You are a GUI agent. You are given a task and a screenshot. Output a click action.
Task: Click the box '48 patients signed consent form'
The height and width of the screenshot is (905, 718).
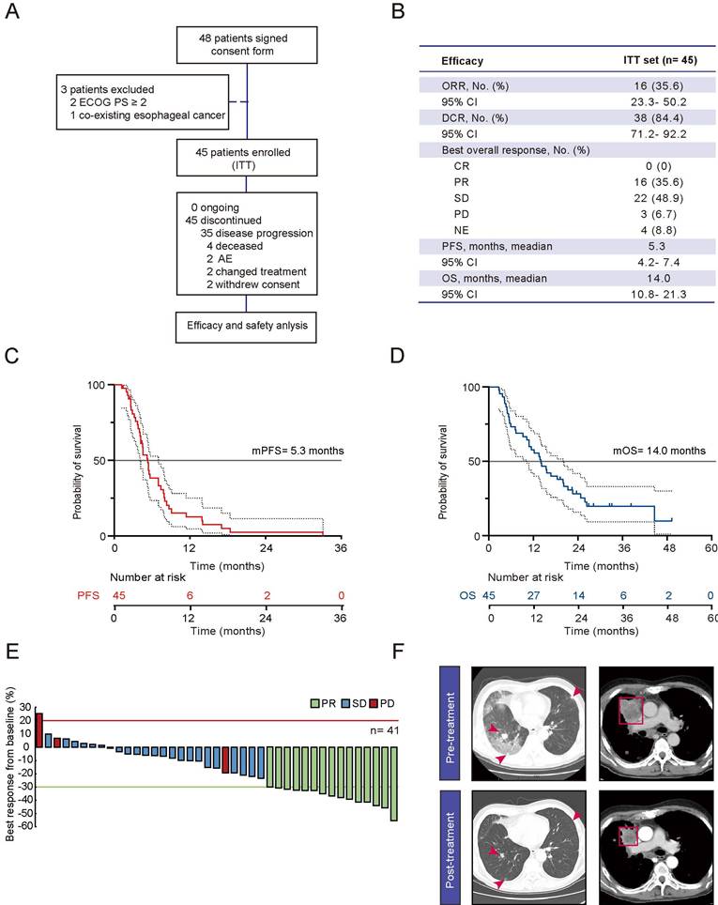pos(247,44)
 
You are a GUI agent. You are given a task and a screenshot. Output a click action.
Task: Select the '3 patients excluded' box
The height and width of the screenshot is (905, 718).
pos(143,102)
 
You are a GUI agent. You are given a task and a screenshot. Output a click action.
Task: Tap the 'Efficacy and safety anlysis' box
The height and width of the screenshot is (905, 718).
pos(247,327)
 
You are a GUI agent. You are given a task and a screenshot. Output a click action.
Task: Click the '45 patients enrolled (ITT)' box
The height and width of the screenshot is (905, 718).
pos(247,158)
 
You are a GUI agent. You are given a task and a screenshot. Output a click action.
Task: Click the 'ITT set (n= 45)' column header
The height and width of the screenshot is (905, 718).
pos(660,60)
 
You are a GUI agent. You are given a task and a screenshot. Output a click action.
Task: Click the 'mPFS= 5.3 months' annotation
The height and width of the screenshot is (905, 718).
pos(298,451)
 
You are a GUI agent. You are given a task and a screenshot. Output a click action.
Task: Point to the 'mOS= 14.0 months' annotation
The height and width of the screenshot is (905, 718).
pos(659,451)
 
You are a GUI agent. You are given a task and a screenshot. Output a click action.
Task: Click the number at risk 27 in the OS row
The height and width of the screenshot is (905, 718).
pos(533,595)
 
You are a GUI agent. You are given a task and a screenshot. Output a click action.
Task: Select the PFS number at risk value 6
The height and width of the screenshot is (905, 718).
pos(190,595)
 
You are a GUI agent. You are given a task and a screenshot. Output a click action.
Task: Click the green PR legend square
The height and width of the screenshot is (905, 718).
pos(315,703)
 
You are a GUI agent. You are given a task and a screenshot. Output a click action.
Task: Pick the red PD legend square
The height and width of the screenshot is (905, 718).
pos(374,703)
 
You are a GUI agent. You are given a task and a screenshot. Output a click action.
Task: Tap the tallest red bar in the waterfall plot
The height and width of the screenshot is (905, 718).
pos(39,730)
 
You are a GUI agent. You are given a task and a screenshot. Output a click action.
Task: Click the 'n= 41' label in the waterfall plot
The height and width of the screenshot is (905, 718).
pos(385,730)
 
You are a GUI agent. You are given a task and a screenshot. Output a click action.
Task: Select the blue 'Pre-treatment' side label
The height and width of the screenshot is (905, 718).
pos(450,723)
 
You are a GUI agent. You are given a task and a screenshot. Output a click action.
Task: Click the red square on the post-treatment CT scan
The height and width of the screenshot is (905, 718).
pos(629,836)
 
